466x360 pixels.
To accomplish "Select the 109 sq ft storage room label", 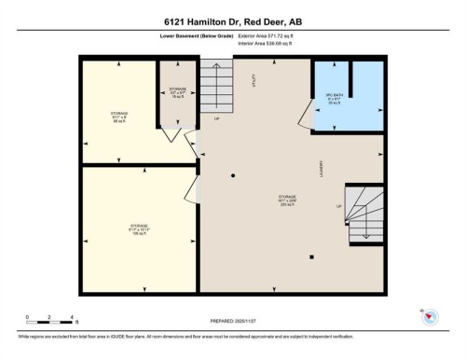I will click(x=138, y=228).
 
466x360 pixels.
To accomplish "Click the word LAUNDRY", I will click(x=321, y=169).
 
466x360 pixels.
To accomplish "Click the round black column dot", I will click(x=233, y=176).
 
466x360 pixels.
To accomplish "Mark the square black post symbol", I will click(x=312, y=256).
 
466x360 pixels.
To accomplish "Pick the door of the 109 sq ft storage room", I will click(x=190, y=189).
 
